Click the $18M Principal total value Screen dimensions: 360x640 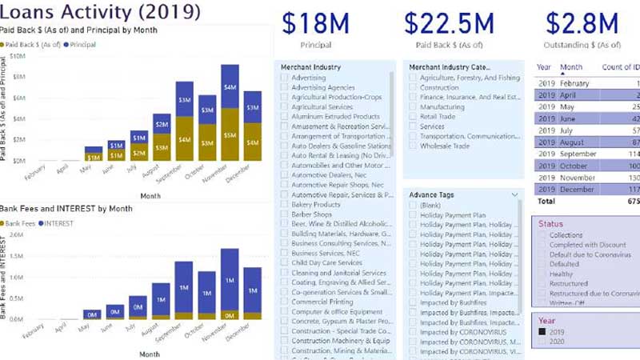click(x=315, y=23)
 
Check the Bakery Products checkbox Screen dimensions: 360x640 click(x=285, y=205)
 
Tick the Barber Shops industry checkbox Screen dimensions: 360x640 click(x=285, y=214)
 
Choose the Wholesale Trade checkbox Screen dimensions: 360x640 click(x=413, y=146)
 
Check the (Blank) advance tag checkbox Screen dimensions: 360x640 click(x=413, y=206)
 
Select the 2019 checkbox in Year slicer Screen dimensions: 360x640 click(x=542, y=331)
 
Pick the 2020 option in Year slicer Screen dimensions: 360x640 click(x=542, y=341)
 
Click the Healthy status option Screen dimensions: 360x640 click(x=542, y=274)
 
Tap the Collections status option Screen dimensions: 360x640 click(x=542, y=235)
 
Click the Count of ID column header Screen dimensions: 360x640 click(x=620, y=68)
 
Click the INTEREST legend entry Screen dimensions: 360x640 click(x=55, y=223)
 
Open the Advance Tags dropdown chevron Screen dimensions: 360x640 click(x=514, y=194)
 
